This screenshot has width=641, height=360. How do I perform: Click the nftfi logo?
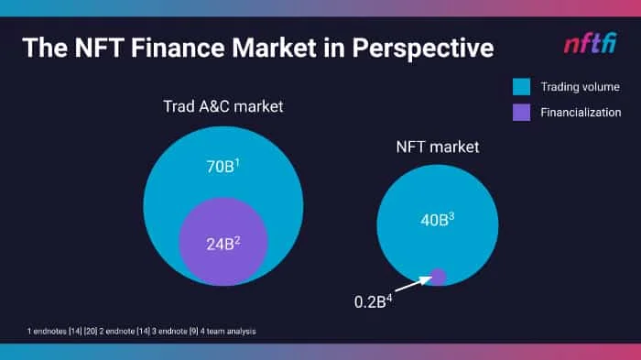click(x=591, y=44)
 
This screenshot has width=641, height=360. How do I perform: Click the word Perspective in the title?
click(x=423, y=49)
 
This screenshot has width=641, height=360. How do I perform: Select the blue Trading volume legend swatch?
click(x=521, y=87)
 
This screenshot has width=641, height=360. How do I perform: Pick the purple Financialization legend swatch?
click(x=521, y=113)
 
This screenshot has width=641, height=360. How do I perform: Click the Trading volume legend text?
click(x=580, y=87)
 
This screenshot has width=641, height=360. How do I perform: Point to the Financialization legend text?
click(x=581, y=113)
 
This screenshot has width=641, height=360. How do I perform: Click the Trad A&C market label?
click(x=223, y=107)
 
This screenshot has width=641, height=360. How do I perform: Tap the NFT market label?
click(x=438, y=147)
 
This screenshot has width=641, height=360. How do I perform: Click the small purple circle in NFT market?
click(x=439, y=277)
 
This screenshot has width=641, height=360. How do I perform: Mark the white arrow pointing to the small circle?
click(x=413, y=284)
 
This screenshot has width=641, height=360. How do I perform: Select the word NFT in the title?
click(x=99, y=48)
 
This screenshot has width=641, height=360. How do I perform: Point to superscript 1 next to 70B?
click(x=237, y=163)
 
